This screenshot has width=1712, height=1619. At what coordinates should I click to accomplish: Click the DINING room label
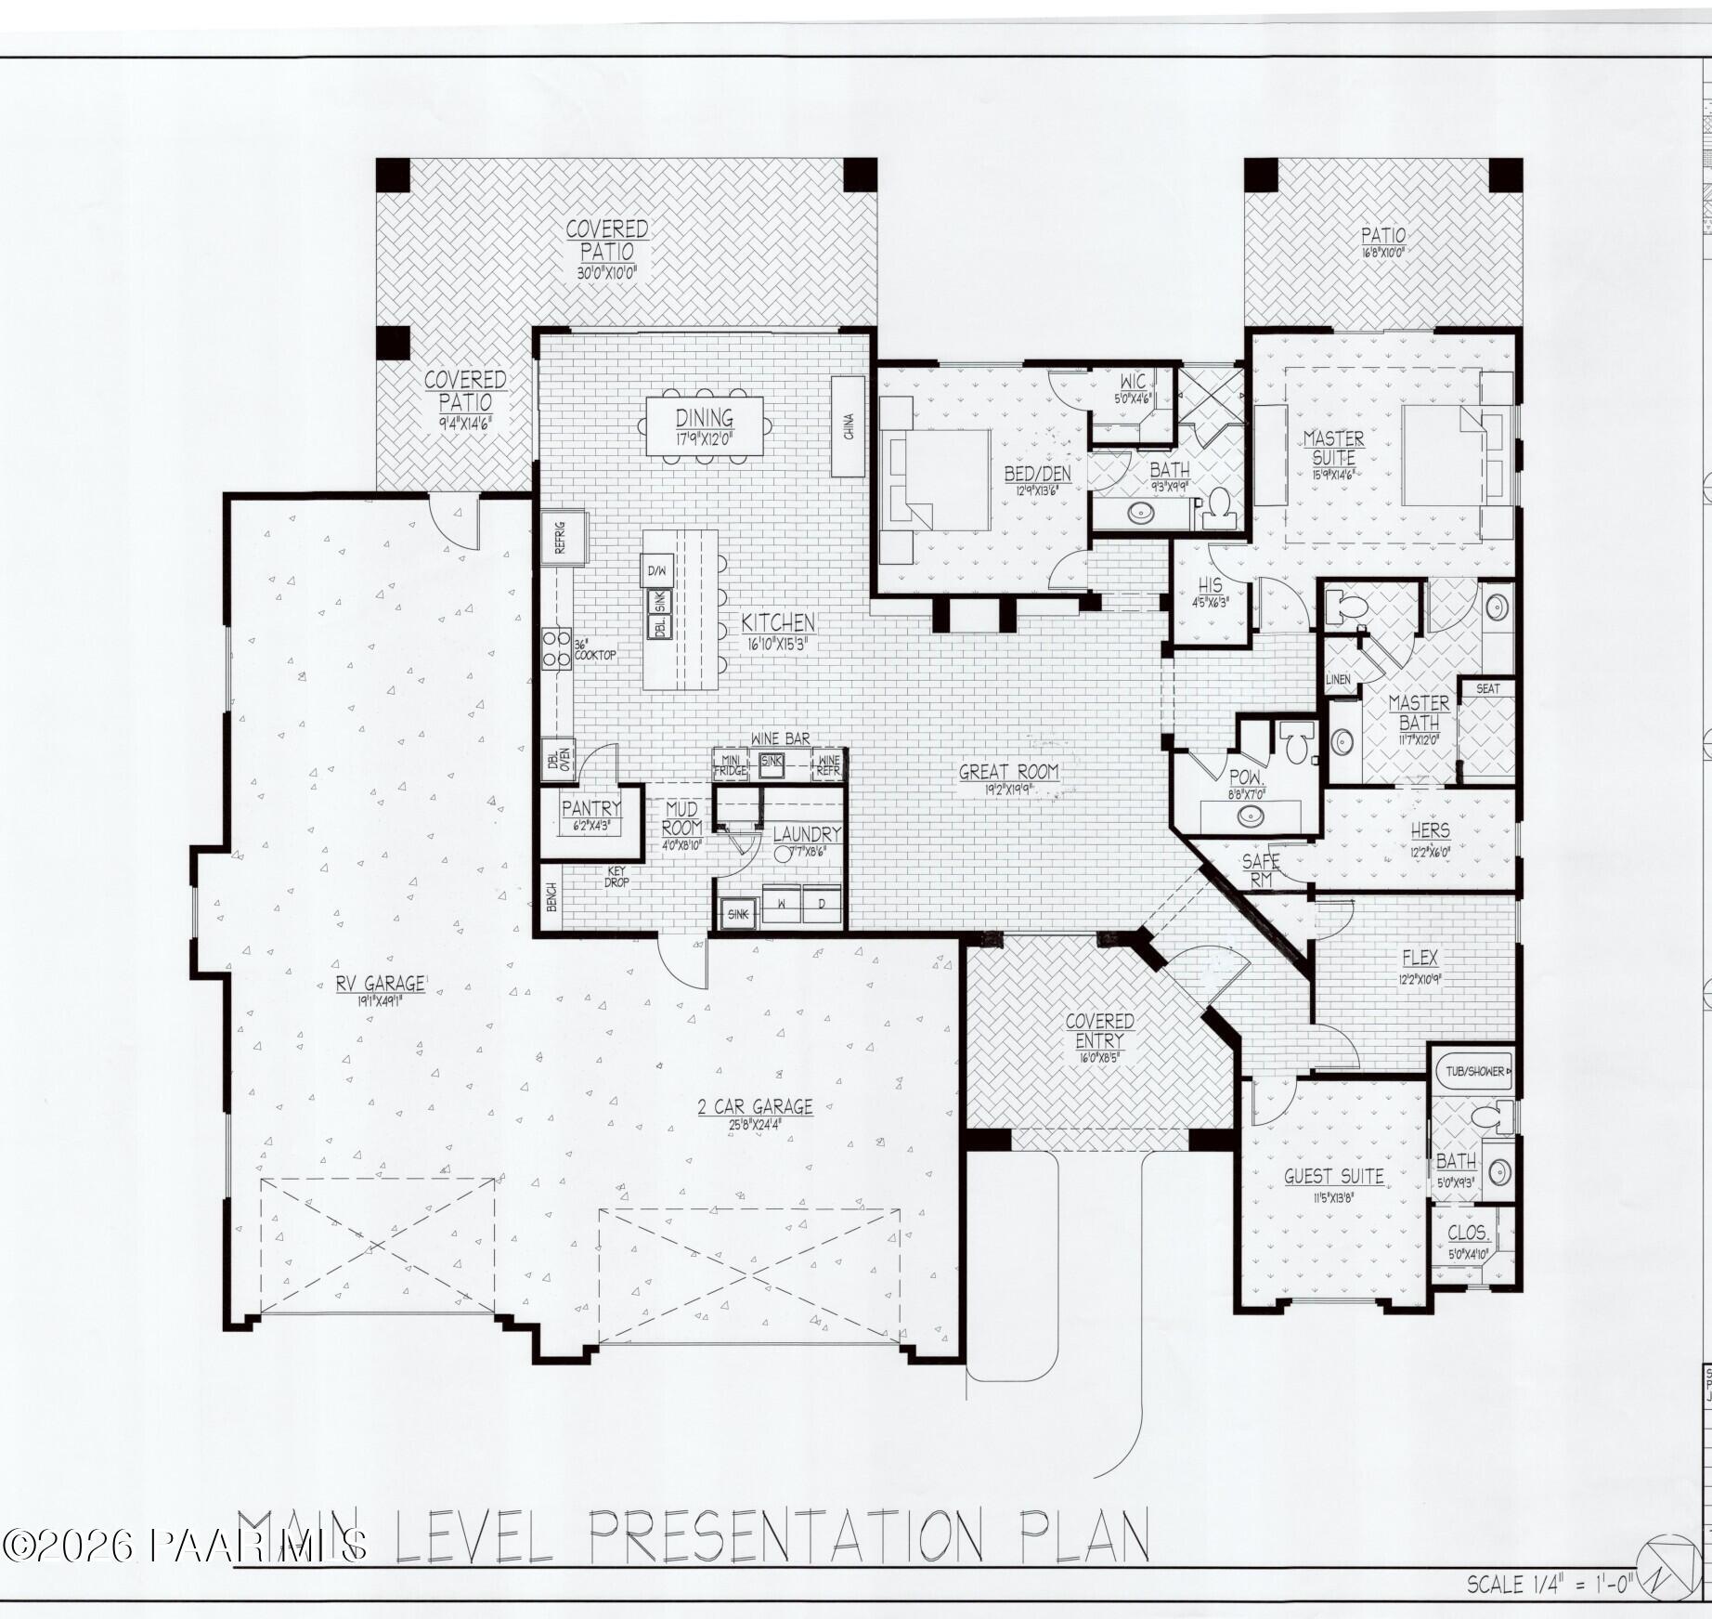pos(704,418)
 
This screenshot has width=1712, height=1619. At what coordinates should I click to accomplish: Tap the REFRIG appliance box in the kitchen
pos(564,536)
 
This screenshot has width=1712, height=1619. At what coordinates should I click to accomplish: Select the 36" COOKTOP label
pos(594,649)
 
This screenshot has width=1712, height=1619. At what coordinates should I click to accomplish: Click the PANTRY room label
pos(591,808)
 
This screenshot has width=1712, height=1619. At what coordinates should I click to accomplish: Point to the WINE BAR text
pos(780,738)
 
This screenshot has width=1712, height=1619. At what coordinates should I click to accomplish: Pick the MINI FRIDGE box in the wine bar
pos(730,764)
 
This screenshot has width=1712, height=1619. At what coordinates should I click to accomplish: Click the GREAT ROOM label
pos(1008,772)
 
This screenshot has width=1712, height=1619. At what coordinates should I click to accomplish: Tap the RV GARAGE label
pos(381,984)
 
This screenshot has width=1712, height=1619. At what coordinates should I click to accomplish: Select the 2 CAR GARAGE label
pos(755,1106)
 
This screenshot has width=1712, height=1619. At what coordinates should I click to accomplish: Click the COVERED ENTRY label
pos(1099,1031)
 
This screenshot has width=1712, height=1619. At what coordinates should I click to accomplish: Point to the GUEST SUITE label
pos(1333,1177)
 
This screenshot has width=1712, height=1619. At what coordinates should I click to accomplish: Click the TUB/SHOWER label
pos(1474,1071)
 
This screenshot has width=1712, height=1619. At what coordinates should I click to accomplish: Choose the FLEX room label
pos(1420,958)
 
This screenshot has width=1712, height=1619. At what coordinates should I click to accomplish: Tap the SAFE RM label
pos(1261,870)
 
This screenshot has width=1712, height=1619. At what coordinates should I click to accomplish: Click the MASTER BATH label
pos(1419,712)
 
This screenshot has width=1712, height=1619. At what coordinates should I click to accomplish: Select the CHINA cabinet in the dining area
pos(848,426)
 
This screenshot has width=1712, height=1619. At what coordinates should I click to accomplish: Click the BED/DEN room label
pos(1037,474)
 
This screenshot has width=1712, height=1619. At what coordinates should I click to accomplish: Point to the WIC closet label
pos(1133,382)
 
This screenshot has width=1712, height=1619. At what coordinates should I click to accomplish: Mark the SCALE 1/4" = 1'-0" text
pos(1550,1584)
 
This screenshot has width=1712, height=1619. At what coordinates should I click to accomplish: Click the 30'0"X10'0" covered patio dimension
pos(607,273)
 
